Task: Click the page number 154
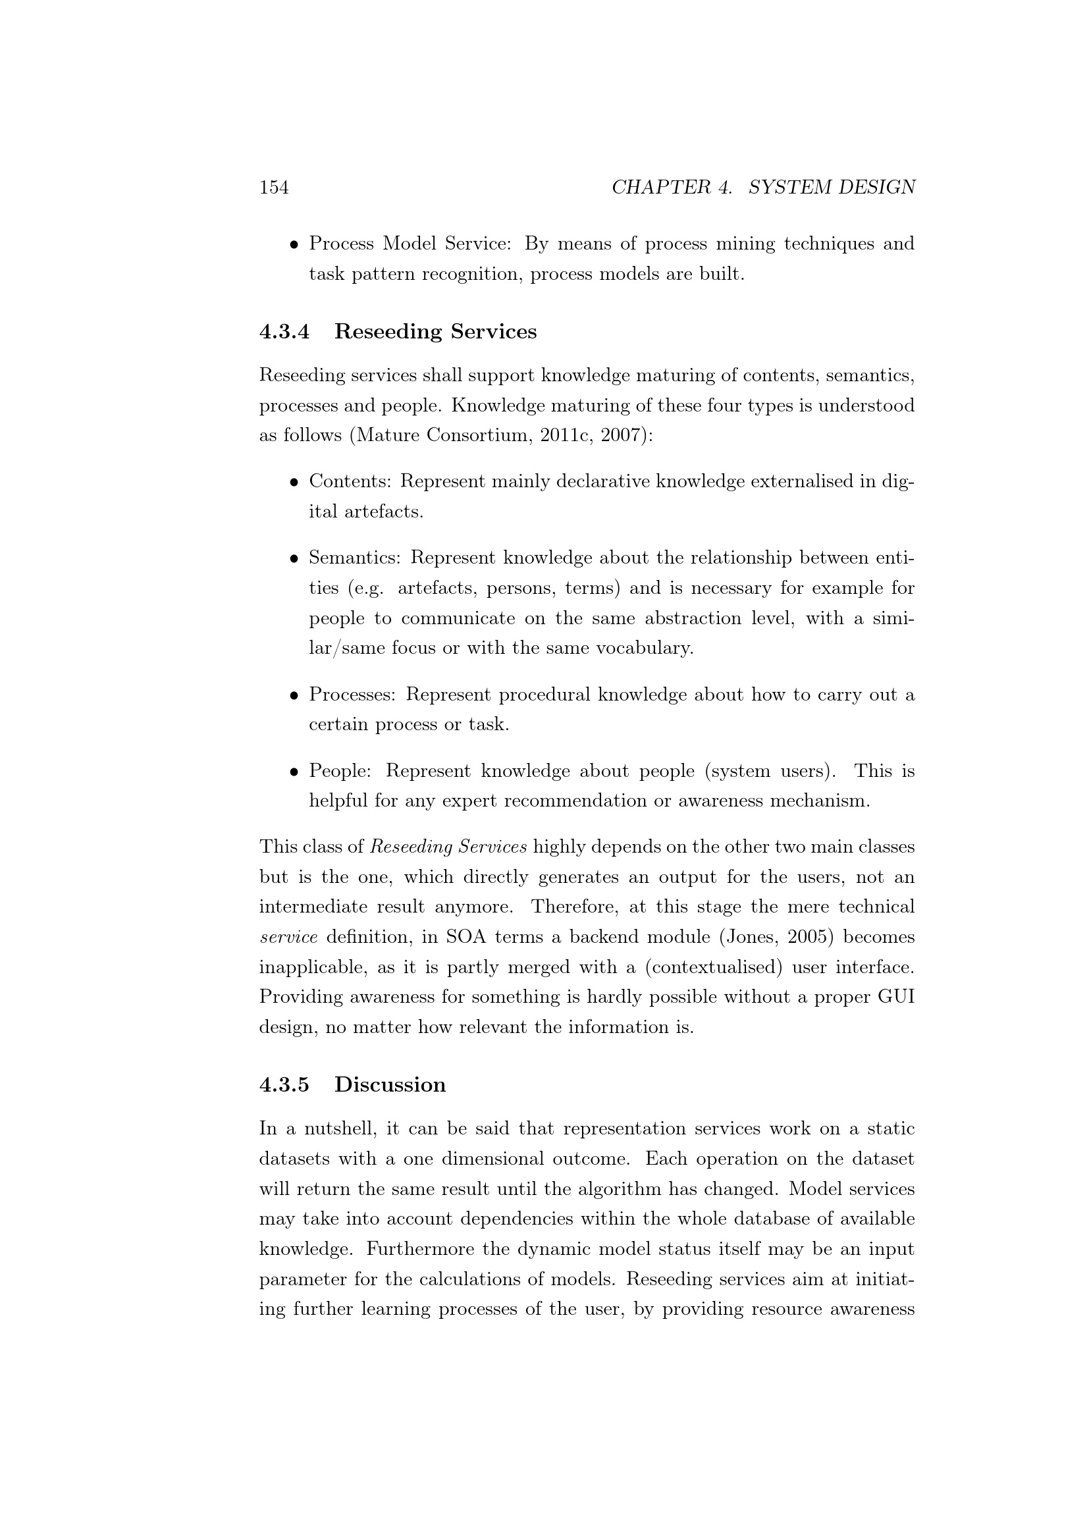coord(274,187)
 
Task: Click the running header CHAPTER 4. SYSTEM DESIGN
coord(763,187)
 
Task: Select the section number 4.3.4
coord(284,332)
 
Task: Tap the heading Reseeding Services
coord(435,332)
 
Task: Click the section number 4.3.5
coord(284,1084)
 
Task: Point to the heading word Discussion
coord(390,1084)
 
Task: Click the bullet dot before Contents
coord(294,482)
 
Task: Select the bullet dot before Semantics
coord(294,559)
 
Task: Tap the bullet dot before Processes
coord(294,695)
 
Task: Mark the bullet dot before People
coord(294,772)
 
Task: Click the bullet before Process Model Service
coord(294,245)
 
